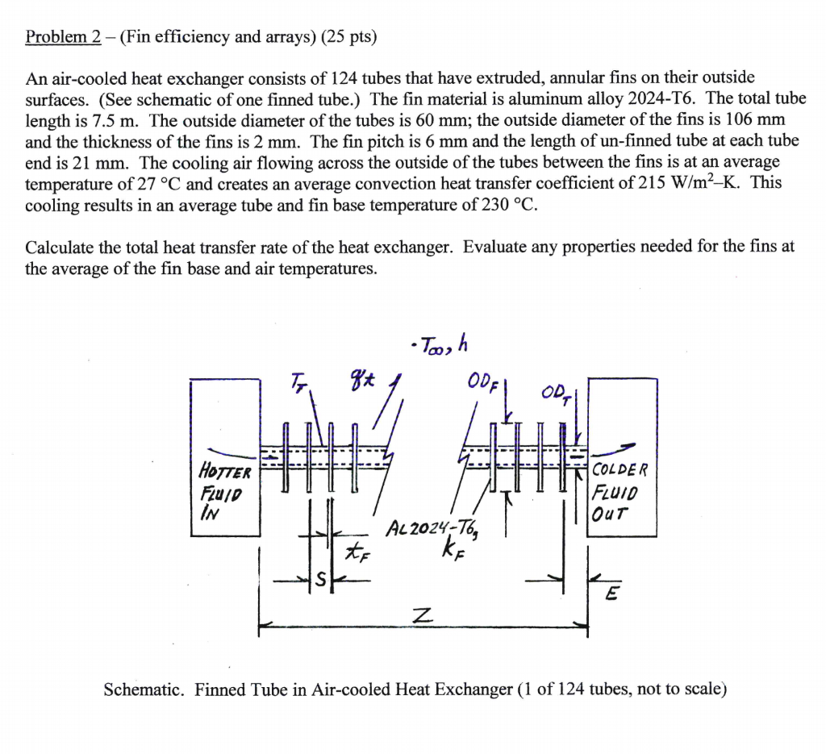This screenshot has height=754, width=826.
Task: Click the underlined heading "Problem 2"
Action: pos(63,37)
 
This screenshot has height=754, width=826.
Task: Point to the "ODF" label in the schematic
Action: pos(481,383)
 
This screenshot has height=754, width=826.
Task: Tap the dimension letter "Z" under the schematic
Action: pos(417,616)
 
